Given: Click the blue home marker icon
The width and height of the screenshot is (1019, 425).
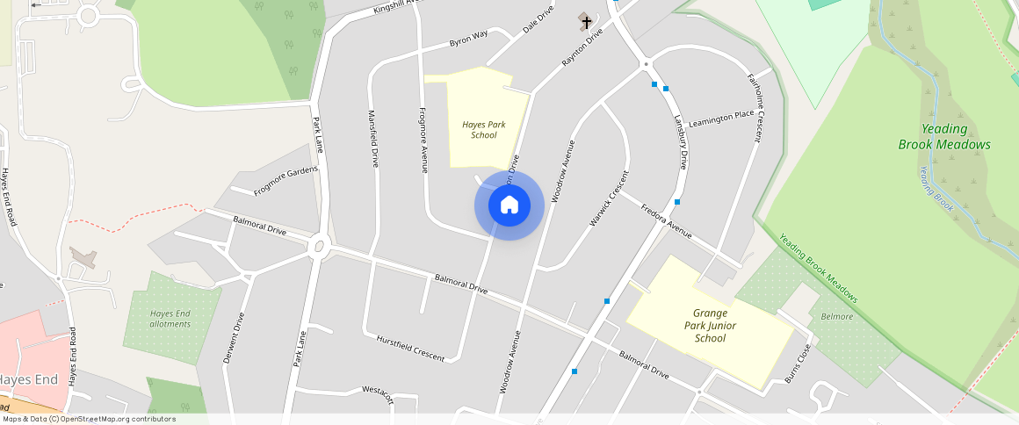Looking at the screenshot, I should (509, 205).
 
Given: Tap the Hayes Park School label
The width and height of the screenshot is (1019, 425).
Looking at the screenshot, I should (483, 130).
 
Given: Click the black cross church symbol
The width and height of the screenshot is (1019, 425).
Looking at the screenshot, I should (587, 22).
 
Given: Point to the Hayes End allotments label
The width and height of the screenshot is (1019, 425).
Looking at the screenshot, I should (170, 319).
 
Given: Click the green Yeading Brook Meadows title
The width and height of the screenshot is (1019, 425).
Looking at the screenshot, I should (944, 137).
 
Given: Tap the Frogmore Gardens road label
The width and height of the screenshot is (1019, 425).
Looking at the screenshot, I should (285, 180).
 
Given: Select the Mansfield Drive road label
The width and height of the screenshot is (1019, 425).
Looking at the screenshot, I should (372, 139).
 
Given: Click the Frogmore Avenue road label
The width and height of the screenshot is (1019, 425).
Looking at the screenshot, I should (423, 139).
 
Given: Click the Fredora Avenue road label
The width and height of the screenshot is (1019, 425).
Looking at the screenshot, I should (666, 222).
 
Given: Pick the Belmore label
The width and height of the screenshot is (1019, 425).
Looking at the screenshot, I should (836, 316).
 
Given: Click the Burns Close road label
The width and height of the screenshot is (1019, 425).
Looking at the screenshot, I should (798, 363).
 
